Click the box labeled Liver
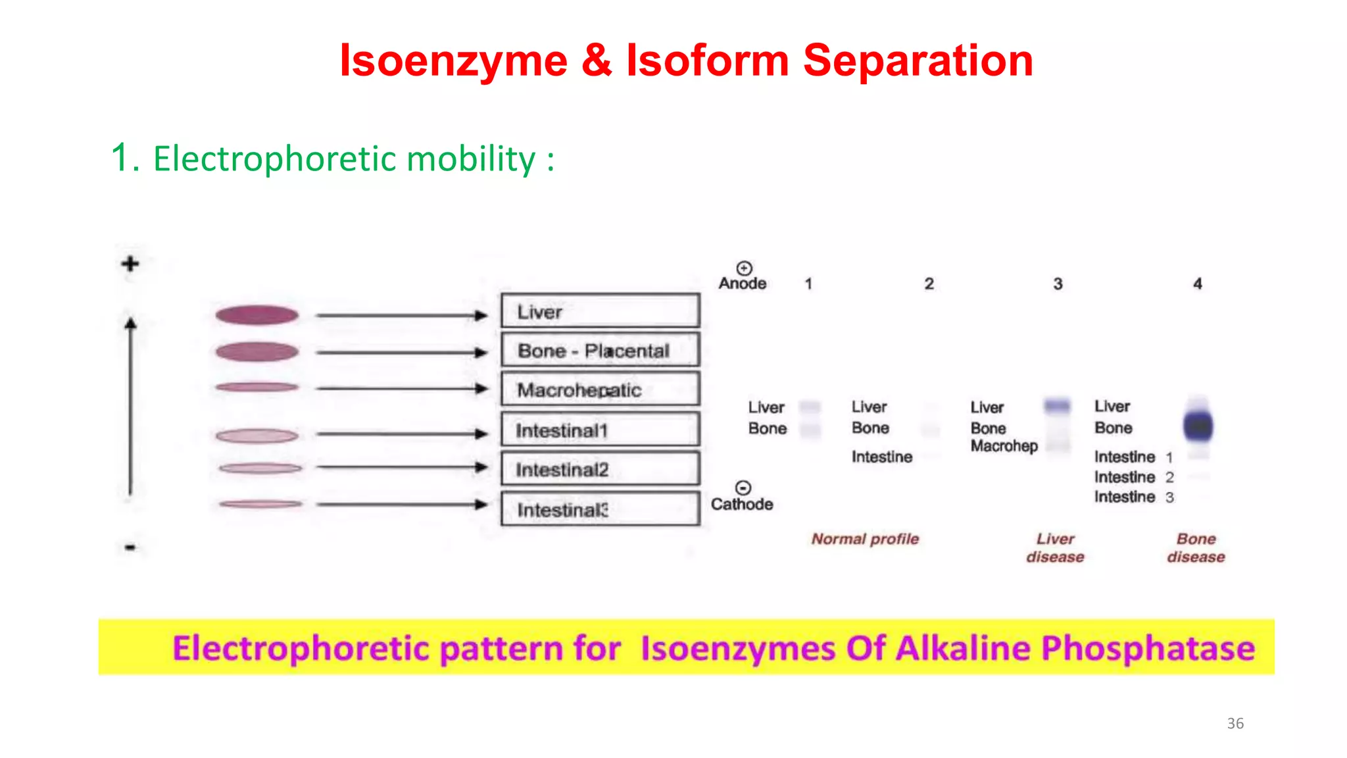tap(600, 311)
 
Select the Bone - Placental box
tap(600, 351)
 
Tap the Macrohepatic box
tap(600, 390)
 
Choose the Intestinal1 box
tap(600, 430)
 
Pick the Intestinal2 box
tap(600, 469)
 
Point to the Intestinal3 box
tap(600, 509)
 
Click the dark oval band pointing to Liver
tap(257, 315)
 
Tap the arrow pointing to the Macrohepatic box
tap(401, 388)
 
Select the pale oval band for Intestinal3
tap(260, 504)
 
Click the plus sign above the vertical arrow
tap(130, 264)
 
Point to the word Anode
tap(743, 284)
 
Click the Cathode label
tap(742, 504)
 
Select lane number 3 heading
tap(1058, 284)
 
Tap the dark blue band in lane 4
tap(1198, 426)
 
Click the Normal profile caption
tap(865, 539)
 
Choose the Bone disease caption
tap(1196, 547)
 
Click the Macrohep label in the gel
tap(1004, 446)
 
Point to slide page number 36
tap(1235, 723)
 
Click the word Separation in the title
tap(918, 61)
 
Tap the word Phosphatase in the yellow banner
tap(1148, 648)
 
